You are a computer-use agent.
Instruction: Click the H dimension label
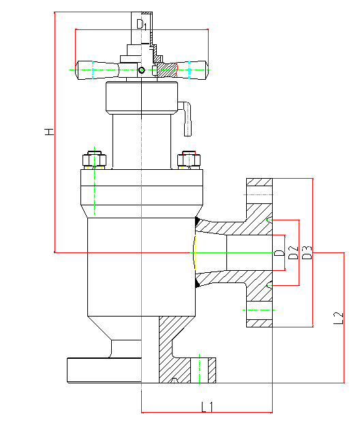pyautogui.click(x=49, y=132)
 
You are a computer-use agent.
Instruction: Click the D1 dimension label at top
pyautogui.click(x=141, y=25)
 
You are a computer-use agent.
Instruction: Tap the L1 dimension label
pyautogui.click(x=207, y=407)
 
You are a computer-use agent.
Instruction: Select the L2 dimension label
pyautogui.click(x=338, y=318)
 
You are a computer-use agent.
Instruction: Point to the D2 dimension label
pyautogui.click(x=293, y=252)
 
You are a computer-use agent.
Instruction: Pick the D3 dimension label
pyautogui.click(x=307, y=252)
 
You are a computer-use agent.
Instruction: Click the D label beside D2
pyautogui.click(x=280, y=253)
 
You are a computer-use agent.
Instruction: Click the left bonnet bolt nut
pyautogui.click(x=94, y=160)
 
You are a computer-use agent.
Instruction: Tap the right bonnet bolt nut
pyautogui.click(x=189, y=160)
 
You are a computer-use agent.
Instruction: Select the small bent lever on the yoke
pyautogui.click(x=187, y=119)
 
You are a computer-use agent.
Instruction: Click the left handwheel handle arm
pyautogui.click(x=97, y=70)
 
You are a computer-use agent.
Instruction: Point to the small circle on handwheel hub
pyautogui.click(x=141, y=70)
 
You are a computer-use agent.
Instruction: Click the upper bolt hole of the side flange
pyautogui.click(x=259, y=194)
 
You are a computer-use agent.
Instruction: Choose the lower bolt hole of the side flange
pyautogui.click(x=259, y=310)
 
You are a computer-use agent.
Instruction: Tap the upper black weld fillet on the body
pyautogui.click(x=198, y=221)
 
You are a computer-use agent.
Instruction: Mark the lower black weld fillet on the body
pyautogui.click(x=198, y=283)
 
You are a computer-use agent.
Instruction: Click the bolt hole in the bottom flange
pyautogui.click(x=199, y=370)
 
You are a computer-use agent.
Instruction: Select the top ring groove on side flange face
pyautogui.click(x=269, y=220)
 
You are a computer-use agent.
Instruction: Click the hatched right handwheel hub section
pyautogui.click(x=167, y=70)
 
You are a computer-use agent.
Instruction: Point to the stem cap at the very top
pyautogui.click(x=142, y=28)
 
